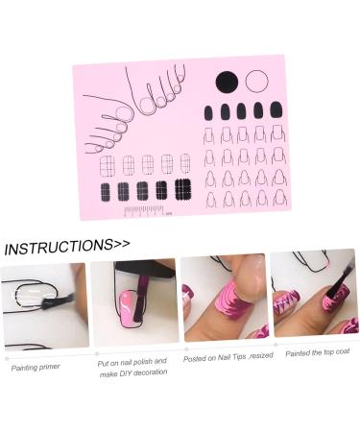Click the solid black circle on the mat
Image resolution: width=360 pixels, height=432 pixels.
[x=227, y=83]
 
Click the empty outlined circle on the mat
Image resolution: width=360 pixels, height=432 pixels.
[x=256, y=82]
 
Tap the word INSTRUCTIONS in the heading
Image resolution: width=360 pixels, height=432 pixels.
[x=59, y=247]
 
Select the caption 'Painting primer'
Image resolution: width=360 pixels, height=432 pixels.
[x=36, y=368]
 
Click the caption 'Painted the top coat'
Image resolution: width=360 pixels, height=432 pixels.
[x=317, y=352]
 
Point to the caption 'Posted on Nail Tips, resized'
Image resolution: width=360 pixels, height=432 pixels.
[x=228, y=357]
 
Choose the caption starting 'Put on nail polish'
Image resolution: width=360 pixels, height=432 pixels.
[x=132, y=368]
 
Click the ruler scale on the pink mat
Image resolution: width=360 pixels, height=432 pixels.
[x=145, y=211]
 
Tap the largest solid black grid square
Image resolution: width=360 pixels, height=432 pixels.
[x=183, y=189]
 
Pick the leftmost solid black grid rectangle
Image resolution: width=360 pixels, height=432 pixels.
[x=105, y=192]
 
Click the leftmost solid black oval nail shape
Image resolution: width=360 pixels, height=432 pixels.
[x=208, y=112]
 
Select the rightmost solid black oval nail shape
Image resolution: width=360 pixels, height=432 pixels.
[x=276, y=109]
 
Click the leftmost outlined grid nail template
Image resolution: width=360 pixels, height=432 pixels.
[x=108, y=166]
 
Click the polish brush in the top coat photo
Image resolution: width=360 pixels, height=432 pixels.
[x=340, y=280]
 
